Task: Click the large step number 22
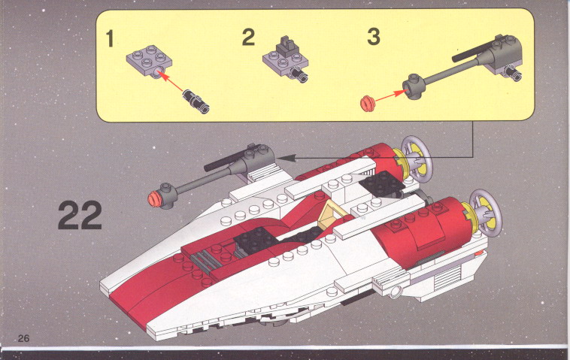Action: click(80, 216)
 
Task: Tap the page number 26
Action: click(23, 338)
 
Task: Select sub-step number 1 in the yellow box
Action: click(110, 38)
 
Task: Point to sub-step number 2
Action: click(248, 37)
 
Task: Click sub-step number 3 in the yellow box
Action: click(374, 37)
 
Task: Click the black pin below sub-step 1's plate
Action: click(196, 101)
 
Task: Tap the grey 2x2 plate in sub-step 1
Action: click(149, 60)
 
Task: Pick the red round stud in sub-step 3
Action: click(368, 103)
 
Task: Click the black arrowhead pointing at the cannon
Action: click(286, 158)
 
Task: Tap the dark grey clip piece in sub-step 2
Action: click(287, 45)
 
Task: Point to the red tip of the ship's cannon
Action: click(154, 198)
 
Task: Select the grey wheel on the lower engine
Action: click(485, 213)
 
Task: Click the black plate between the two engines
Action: click(383, 183)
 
